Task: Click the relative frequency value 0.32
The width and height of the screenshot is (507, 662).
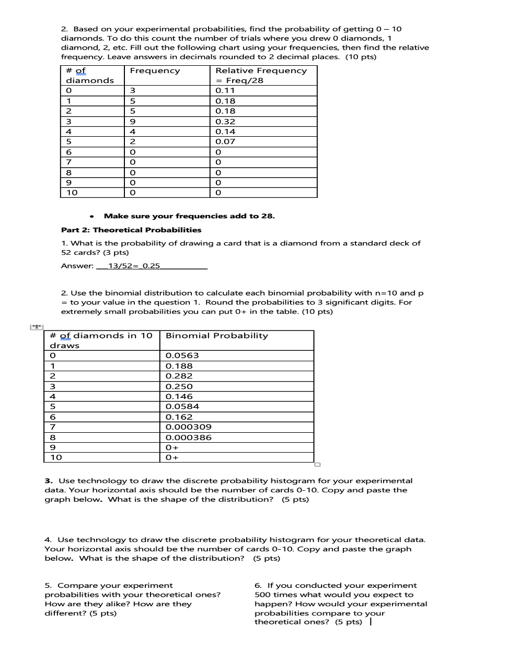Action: point(225,121)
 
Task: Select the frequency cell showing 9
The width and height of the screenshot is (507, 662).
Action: point(133,121)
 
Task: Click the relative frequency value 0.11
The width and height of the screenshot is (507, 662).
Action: point(225,90)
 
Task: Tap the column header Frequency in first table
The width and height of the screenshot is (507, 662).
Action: point(155,70)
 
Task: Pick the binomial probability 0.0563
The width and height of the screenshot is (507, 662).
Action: point(182,356)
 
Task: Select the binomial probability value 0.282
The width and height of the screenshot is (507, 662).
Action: point(179,376)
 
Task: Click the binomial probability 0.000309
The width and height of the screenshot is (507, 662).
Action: point(188,427)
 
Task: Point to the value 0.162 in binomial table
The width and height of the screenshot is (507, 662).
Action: point(179,417)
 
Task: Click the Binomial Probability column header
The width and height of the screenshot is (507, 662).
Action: point(216,336)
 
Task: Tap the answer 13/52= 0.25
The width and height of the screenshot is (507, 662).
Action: point(134,266)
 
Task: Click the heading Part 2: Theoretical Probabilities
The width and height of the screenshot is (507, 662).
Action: point(131,230)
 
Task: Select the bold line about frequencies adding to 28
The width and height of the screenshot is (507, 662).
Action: point(189,216)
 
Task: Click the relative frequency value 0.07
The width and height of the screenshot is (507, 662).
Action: point(225,141)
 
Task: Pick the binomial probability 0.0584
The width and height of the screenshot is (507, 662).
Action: point(182,406)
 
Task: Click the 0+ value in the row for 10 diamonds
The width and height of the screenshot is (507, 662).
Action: point(172,457)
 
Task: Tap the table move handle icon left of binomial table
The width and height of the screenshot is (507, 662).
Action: point(36,327)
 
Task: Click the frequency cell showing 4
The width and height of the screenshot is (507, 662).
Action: point(133,132)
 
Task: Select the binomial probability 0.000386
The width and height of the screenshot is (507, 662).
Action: point(188,438)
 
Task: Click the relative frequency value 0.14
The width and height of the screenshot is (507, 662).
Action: point(225,132)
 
